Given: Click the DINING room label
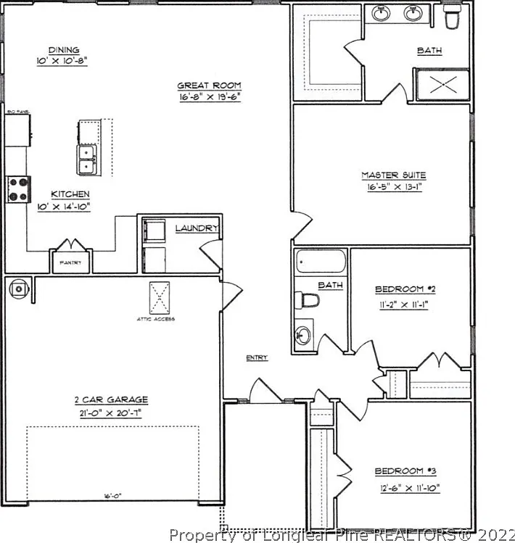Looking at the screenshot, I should (61, 50).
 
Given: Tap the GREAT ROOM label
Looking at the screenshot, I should (209, 85).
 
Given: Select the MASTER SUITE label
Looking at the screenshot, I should (393, 175).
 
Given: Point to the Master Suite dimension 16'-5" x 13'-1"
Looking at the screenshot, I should (393, 186).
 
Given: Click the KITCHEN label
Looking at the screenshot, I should (70, 194).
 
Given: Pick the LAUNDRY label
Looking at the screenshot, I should (197, 228).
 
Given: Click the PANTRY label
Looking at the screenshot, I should (70, 262).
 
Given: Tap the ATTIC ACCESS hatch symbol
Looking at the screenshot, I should (160, 297).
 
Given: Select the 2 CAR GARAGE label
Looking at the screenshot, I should (111, 399).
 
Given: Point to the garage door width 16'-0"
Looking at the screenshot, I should (112, 497).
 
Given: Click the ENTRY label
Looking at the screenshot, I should (256, 357).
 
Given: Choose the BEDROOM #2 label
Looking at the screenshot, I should (405, 290).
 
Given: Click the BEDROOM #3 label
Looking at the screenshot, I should (406, 472).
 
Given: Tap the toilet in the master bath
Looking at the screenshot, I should (453, 17).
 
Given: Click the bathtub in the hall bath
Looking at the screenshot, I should (321, 261).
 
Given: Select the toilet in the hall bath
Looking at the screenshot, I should (308, 300).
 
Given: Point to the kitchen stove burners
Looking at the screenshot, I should (17, 190).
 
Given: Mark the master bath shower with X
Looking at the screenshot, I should (442, 84).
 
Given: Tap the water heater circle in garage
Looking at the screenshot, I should (17, 289).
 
